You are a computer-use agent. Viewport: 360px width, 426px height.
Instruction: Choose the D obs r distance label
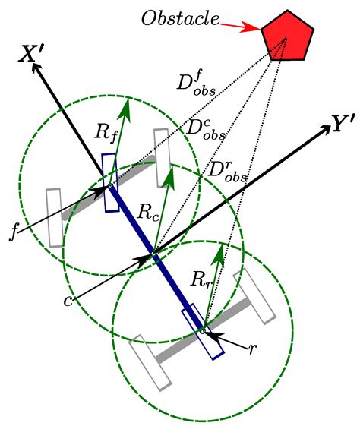[x=227, y=170]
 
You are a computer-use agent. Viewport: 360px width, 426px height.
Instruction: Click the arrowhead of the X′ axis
[x=35, y=65]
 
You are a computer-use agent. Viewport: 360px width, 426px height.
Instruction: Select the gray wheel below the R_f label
[x=161, y=158]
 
